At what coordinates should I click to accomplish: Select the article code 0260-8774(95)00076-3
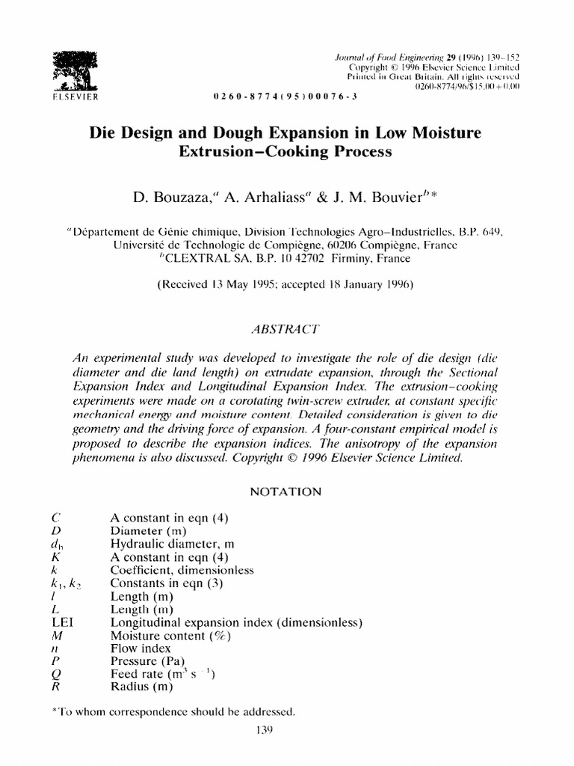click(276, 98)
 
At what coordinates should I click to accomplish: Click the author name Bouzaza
click(186, 197)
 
